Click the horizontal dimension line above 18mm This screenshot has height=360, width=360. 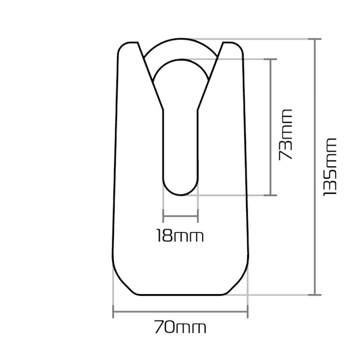[x=180, y=217]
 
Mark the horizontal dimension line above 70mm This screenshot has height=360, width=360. [x=180, y=311]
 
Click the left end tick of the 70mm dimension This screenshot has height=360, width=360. [x=113, y=311]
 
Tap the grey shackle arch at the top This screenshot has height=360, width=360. [x=180, y=48]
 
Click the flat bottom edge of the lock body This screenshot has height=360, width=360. [x=180, y=294]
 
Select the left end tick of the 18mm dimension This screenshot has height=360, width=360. [x=163, y=217]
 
